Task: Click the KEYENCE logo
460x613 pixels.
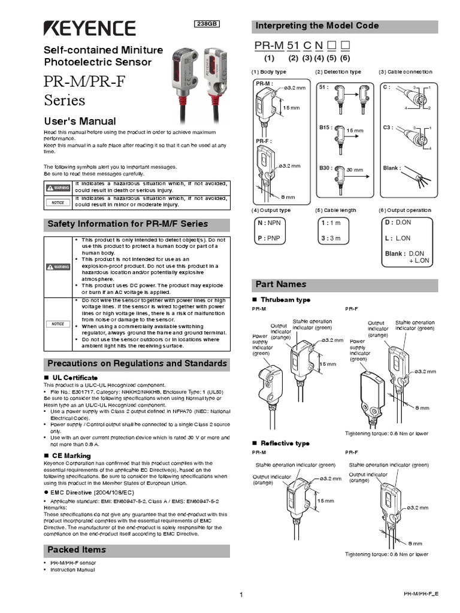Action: tap(89, 28)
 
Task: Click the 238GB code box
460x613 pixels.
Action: tap(207, 24)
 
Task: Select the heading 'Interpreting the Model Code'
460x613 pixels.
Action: tap(317, 26)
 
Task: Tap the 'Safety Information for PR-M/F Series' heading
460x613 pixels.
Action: tap(128, 224)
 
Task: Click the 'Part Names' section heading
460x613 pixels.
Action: tap(281, 284)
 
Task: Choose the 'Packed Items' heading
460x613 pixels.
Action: tap(77, 550)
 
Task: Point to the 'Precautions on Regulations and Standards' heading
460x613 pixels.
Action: tap(137, 363)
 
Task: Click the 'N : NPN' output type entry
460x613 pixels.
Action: tap(269, 222)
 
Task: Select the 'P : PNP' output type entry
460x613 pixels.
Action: tap(269, 238)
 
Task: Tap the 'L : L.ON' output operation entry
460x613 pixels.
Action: tap(398, 238)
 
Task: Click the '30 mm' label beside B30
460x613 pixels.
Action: tap(355, 170)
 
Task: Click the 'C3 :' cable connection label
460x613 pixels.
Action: tap(389, 128)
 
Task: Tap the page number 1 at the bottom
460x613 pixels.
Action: tap(240, 594)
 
